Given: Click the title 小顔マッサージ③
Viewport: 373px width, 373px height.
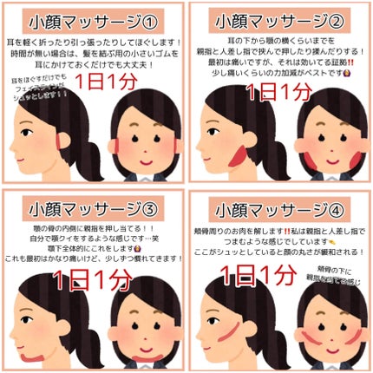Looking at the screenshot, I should [x=93, y=208].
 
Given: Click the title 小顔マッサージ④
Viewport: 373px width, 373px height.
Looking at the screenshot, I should [x=279, y=208].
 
